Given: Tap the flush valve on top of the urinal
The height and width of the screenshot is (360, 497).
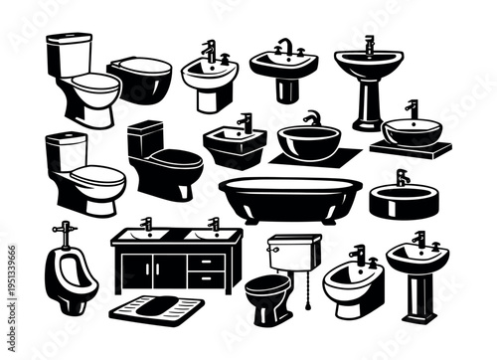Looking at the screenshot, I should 63,232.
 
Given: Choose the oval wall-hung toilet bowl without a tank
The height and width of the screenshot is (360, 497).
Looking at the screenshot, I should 140,79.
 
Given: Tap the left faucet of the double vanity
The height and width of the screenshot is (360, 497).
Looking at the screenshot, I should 146,224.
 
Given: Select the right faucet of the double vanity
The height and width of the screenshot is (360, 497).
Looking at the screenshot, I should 214,224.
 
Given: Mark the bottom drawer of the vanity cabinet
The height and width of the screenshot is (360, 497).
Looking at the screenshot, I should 206,279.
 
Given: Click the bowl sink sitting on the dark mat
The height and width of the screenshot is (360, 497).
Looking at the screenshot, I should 308,140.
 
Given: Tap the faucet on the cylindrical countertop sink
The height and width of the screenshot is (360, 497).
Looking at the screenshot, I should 402,177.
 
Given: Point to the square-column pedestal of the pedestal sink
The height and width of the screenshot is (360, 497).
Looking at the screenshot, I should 417,294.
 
